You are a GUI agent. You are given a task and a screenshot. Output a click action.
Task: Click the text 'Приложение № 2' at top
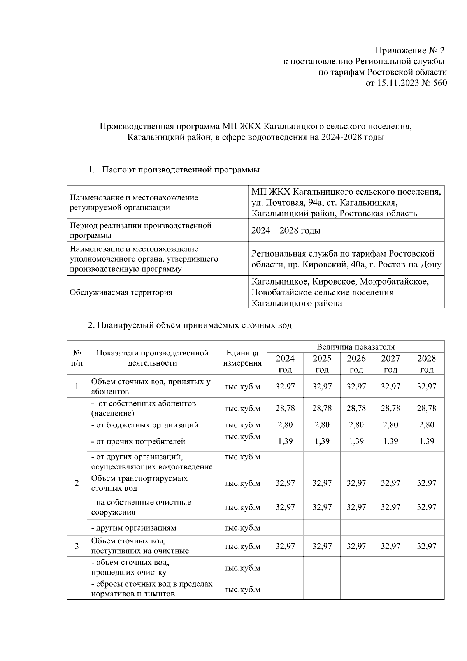coord(409,51)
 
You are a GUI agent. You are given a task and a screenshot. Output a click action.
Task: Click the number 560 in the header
coord(440,83)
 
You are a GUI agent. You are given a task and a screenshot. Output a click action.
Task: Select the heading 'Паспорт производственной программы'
coord(181,170)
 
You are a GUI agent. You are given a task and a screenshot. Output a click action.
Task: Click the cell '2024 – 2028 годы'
coord(286,230)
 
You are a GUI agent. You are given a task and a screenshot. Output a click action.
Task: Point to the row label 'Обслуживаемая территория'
coord(121,292)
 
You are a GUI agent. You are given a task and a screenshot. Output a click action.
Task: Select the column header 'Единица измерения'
coord(242,358)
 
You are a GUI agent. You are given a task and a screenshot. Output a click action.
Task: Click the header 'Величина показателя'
coord(355,346)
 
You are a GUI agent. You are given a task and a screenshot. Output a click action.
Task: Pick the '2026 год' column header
coord(356,364)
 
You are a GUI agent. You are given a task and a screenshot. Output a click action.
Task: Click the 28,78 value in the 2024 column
coord(285,408)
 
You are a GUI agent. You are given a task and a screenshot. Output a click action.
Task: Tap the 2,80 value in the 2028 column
coord(426,425)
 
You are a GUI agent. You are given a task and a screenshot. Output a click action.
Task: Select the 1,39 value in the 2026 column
coord(356,441)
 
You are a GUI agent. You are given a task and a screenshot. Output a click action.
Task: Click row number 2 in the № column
coord(77,483)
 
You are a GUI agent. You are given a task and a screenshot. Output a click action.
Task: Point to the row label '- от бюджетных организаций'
coord(145,425)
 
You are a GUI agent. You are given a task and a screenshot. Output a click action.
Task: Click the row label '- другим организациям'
coord(133,528)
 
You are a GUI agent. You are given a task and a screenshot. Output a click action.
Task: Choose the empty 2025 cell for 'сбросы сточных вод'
coord(322,589)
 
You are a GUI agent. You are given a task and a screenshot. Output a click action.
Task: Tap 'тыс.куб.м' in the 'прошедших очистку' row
coord(242,568)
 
